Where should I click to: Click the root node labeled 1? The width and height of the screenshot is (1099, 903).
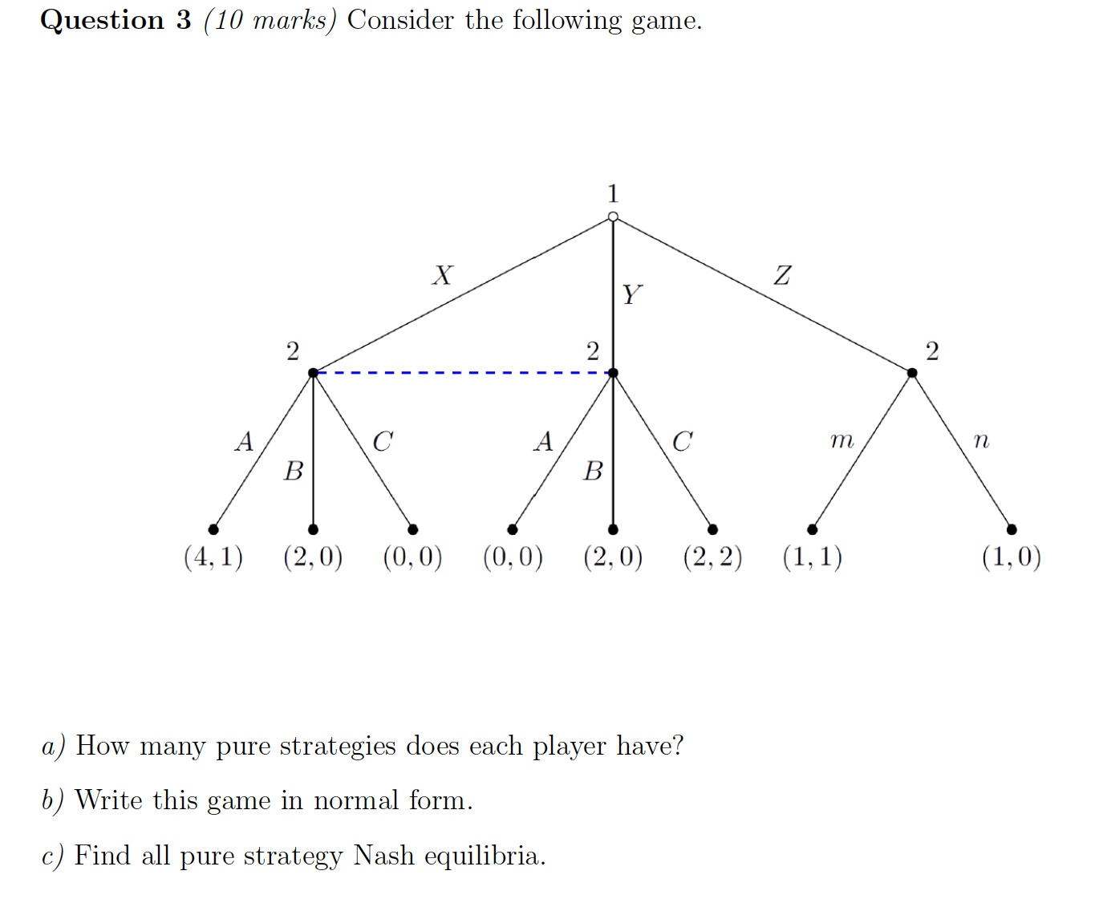pos(613,217)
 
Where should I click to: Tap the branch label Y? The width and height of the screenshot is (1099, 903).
pos(631,295)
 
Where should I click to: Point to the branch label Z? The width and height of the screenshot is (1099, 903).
pos(782,276)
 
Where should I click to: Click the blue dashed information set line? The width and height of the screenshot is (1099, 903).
pos(463,373)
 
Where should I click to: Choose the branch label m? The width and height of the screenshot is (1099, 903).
pos(841,440)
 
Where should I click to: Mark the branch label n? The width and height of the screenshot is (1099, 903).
pos(980,440)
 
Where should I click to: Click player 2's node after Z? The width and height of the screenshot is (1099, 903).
pos(912,373)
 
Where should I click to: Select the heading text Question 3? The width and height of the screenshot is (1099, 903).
pos(116,20)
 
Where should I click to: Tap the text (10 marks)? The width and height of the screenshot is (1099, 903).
pos(270,20)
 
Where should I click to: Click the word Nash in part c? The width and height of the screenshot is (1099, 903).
pos(384,856)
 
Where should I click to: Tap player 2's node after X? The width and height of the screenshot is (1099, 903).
pos(313,373)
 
